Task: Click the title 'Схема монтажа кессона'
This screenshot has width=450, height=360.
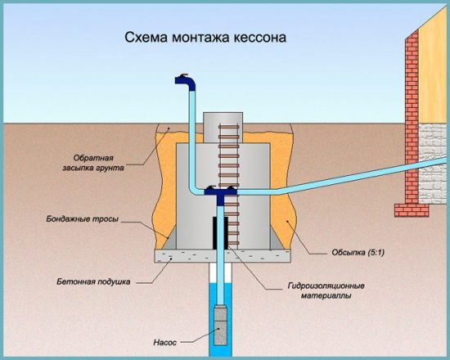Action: tap(205, 38)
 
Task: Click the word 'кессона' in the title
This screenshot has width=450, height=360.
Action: tap(260, 38)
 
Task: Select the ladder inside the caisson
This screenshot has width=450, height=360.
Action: tap(230, 180)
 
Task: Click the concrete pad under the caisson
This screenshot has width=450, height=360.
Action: tap(221, 256)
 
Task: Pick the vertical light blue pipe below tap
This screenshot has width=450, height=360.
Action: tap(189, 139)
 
